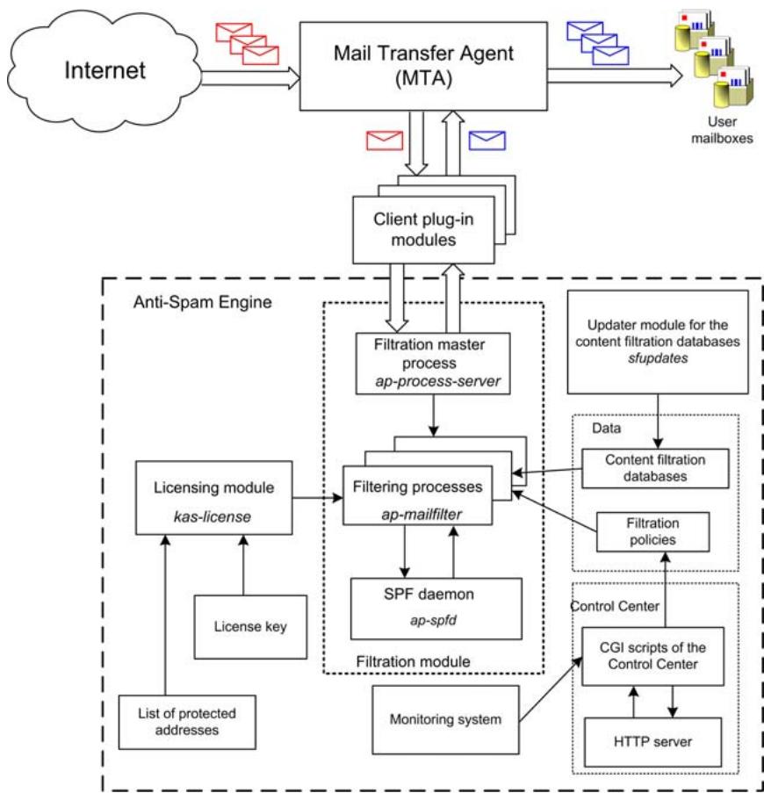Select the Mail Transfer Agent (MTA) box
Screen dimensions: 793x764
tap(422, 68)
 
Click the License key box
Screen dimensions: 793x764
tap(250, 626)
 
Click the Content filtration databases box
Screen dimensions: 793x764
tap(656, 468)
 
